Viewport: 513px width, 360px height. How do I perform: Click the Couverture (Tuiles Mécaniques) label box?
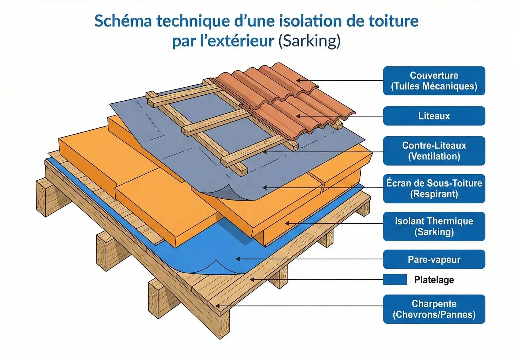(x=434, y=81)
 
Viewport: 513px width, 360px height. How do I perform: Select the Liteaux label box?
(x=434, y=116)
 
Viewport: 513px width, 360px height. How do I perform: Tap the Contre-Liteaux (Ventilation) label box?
(x=434, y=151)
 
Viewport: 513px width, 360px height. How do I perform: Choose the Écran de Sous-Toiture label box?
(x=434, y=189)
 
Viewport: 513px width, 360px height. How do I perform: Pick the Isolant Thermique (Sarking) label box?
(x=434, y=227)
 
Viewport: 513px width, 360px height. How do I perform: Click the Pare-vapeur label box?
(x=434, y=259)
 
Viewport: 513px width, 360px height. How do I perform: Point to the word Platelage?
(x=434, y=280)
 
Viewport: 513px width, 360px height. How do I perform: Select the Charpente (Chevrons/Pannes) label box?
(x=434, y=309)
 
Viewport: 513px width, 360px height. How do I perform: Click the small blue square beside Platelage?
(x=395, y=279)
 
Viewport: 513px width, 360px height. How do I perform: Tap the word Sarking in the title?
(x=309, y=41)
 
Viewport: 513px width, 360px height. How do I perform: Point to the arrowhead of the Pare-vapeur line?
(x=238, y=259)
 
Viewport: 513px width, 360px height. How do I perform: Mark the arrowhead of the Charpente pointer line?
(x=217, y=306)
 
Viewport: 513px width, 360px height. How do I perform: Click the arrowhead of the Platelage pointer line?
(x=252, y=279)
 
